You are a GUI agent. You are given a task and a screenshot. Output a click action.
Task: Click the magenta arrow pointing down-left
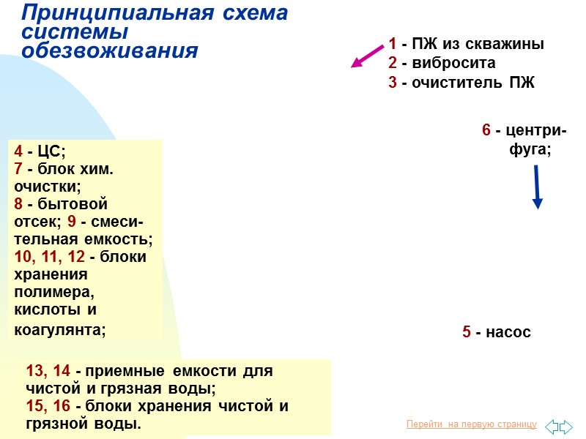coord(368,56)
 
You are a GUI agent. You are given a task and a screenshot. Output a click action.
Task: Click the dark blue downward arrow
coord(537,187)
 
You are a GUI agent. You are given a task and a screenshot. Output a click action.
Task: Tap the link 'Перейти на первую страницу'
coord(471,424)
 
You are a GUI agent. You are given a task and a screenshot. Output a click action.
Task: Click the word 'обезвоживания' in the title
coord(110,51)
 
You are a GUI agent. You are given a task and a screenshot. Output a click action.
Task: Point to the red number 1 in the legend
coord(393,44)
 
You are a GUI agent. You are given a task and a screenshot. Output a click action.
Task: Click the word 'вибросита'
coord(453,63)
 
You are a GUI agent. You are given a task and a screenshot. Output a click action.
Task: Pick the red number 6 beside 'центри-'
coord(486,130)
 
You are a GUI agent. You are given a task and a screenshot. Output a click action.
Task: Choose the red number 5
coord(467,332)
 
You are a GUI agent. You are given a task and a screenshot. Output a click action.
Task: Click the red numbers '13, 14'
coord(48,371)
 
